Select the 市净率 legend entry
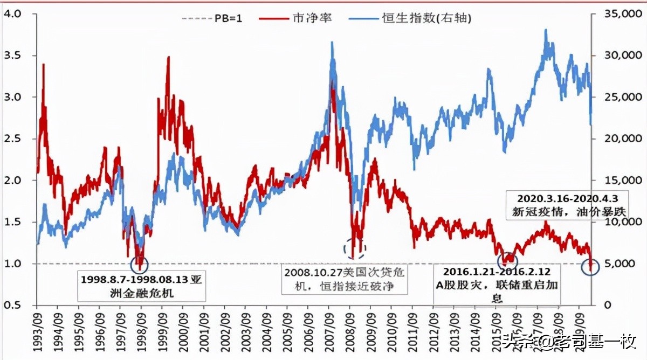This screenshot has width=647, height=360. point(296,18)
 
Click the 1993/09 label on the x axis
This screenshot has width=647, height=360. point(38,331)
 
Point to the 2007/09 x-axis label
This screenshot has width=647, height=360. point(329,331)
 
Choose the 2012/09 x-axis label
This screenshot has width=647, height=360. point(433,331)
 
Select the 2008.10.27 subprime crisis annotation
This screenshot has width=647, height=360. point(345,279)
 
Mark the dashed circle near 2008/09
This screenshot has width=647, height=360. point(354,248)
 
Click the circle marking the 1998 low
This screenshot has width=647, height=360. point(140,264)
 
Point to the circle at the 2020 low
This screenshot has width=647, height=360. point(590,266)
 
